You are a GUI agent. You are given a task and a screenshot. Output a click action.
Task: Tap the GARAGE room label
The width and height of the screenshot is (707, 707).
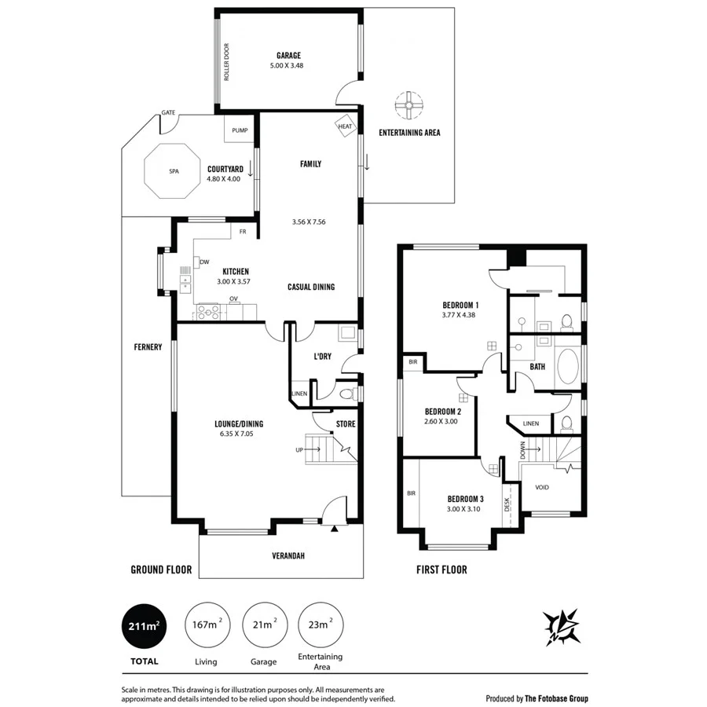click(x=288, y=56)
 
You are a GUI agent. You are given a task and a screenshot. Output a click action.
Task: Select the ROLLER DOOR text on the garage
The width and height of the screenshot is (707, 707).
click(x=226, y=62)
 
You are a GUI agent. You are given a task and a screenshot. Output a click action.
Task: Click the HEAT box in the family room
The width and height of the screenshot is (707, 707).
click(x=346, y=126)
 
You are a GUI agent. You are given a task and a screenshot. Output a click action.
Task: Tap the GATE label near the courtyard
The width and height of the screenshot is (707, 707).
click(x=168, y=113)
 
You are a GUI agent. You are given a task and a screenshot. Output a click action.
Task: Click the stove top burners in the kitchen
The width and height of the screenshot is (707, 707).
click(x=209, y=312)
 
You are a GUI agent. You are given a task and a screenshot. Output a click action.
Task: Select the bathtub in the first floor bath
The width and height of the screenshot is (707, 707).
click(x=567, y=366)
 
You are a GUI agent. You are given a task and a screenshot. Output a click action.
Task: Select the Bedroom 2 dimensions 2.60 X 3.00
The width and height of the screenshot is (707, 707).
click(x=441, y=422)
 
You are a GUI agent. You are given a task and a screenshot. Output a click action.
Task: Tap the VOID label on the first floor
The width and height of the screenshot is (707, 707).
click(x=542, y=487)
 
